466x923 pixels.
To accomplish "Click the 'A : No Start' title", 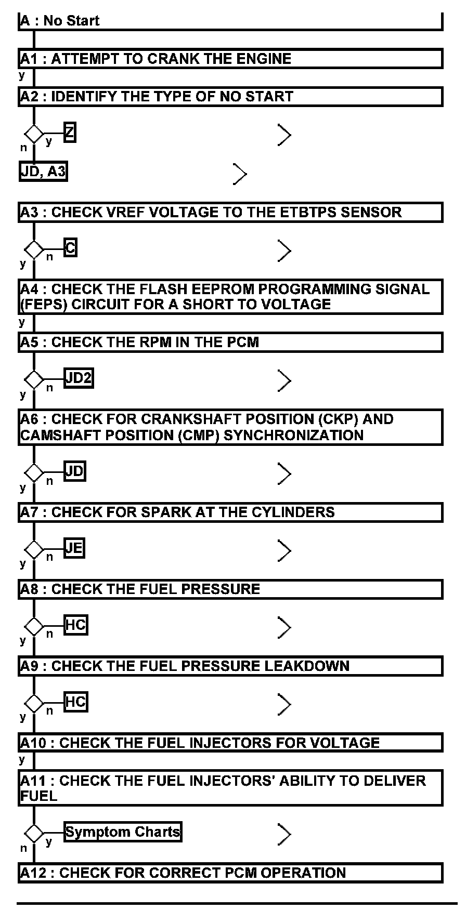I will (x=60, y=21).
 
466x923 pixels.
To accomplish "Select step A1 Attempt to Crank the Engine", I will (x=156, y=59).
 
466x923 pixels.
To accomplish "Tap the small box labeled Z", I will (x=70, y=133).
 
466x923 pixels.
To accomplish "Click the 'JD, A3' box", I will (x=44, y=172).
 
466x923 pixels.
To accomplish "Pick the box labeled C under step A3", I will (x=70, y=248).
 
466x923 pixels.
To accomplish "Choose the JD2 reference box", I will (x=79, y=378).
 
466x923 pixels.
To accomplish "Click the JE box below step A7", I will (x=74, y=548).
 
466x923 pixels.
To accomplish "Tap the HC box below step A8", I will (x=75, y=625).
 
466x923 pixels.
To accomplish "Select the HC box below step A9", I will (x=75, y=702).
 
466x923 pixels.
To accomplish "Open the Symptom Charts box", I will (x=123, y=832).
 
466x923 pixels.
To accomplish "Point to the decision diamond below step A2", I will (x=34, y=134).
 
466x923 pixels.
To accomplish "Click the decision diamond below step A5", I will (x=34, y=380).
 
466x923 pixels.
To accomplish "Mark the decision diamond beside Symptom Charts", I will (x=34, y=834).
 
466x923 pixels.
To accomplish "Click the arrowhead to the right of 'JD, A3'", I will (x=240, y=174).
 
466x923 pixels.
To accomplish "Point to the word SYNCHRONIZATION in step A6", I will (x=293, y=435).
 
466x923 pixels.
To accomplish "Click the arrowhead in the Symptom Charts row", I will (x=284, y=834).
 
